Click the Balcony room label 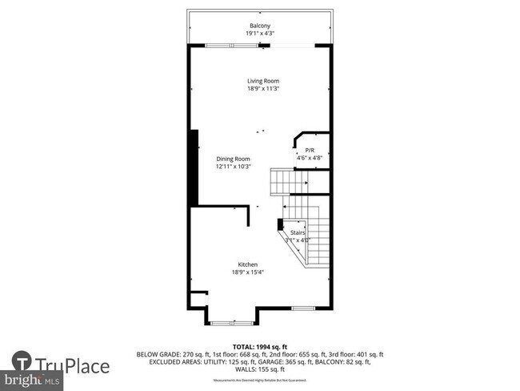[260, 26]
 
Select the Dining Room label [233, 159]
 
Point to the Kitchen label [248, 264]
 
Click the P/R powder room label [310, 151]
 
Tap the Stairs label [298, 232]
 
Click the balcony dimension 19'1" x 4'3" [260, 34]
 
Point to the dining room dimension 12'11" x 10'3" [233, 167]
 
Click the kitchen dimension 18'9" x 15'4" [248, 272]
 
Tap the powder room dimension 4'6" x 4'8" [310, 159]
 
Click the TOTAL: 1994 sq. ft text [259, 346]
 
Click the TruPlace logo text [77, 367]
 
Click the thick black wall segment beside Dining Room [194, 168]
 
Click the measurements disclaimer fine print [259, 381]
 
